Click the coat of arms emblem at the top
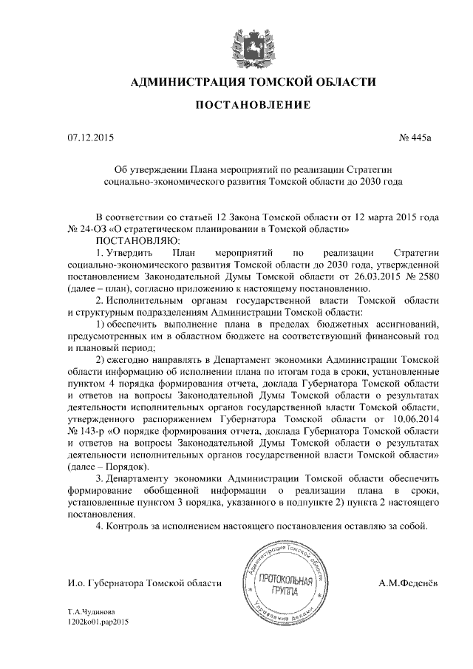[236, 41]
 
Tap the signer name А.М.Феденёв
[408, 583]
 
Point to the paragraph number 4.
[99, 526]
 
